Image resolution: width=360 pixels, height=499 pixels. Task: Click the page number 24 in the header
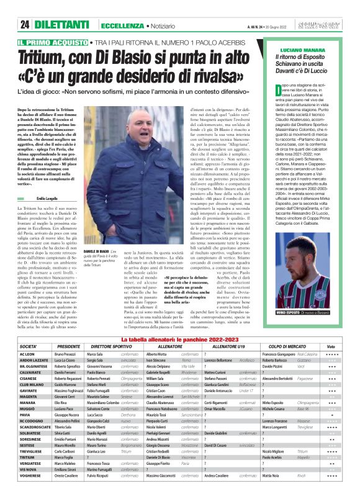[x=25, y=25]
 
